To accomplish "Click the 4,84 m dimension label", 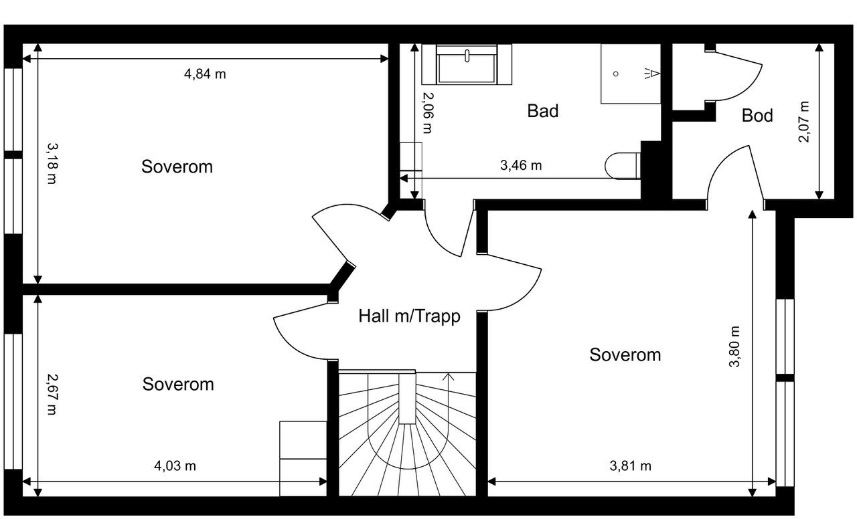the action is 205,74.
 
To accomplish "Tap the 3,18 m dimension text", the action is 52,164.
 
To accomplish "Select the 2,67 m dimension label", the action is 52,395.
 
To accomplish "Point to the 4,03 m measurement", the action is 175,466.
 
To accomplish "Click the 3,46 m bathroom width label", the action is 521,165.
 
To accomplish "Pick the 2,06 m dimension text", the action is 428,113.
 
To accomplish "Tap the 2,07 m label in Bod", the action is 803,122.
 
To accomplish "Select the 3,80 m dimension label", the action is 734,346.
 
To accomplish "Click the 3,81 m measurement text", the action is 631,466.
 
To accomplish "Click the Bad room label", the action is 542,111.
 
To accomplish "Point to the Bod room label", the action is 757,116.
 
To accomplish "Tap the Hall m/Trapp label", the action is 409,316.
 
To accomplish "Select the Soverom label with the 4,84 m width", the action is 177,167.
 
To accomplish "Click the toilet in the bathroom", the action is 623,166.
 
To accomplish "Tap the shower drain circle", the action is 615,74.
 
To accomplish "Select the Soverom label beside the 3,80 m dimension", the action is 625,354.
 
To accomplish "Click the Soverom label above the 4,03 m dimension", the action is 178,384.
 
